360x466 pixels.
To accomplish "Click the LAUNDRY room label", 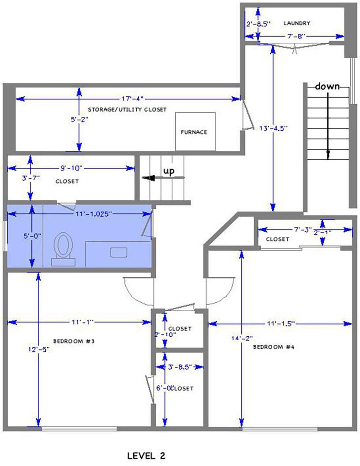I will [297, 23].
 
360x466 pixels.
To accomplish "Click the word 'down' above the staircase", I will [327, 86].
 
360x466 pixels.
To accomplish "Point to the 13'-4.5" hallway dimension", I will [274, 128].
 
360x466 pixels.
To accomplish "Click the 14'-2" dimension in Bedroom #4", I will [242, 338].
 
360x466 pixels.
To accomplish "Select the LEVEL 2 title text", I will [146, 456].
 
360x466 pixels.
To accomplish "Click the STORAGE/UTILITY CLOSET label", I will [127, 109].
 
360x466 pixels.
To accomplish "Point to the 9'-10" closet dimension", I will [71, 168].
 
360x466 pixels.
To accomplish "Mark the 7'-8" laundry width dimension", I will [295, 36].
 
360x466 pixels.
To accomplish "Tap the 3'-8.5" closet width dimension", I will [180, 367].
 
